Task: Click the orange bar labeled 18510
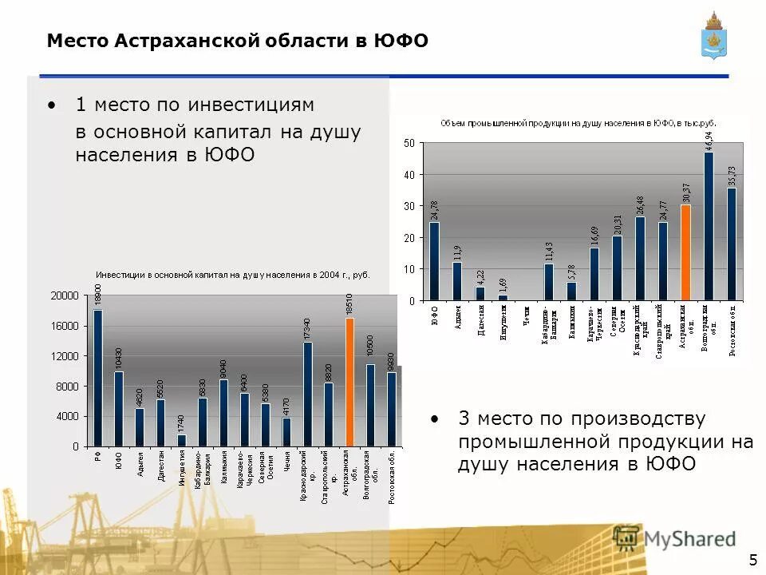pos(349,382)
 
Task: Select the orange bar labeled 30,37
pos(685,252)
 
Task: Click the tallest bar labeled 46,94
pos(708,226)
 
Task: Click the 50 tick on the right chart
pos(409,143)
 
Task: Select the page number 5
pos(752,557)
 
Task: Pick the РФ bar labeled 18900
pos(98,378)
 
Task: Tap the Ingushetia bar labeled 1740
pos(181,440)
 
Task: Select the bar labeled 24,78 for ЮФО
pos(434,261)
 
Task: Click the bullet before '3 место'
pos(434,418)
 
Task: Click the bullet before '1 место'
pos(52,105)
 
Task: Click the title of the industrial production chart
pos(578,124)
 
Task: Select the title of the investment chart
pos(233,275)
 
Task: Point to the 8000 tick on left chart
pos(68,386)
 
